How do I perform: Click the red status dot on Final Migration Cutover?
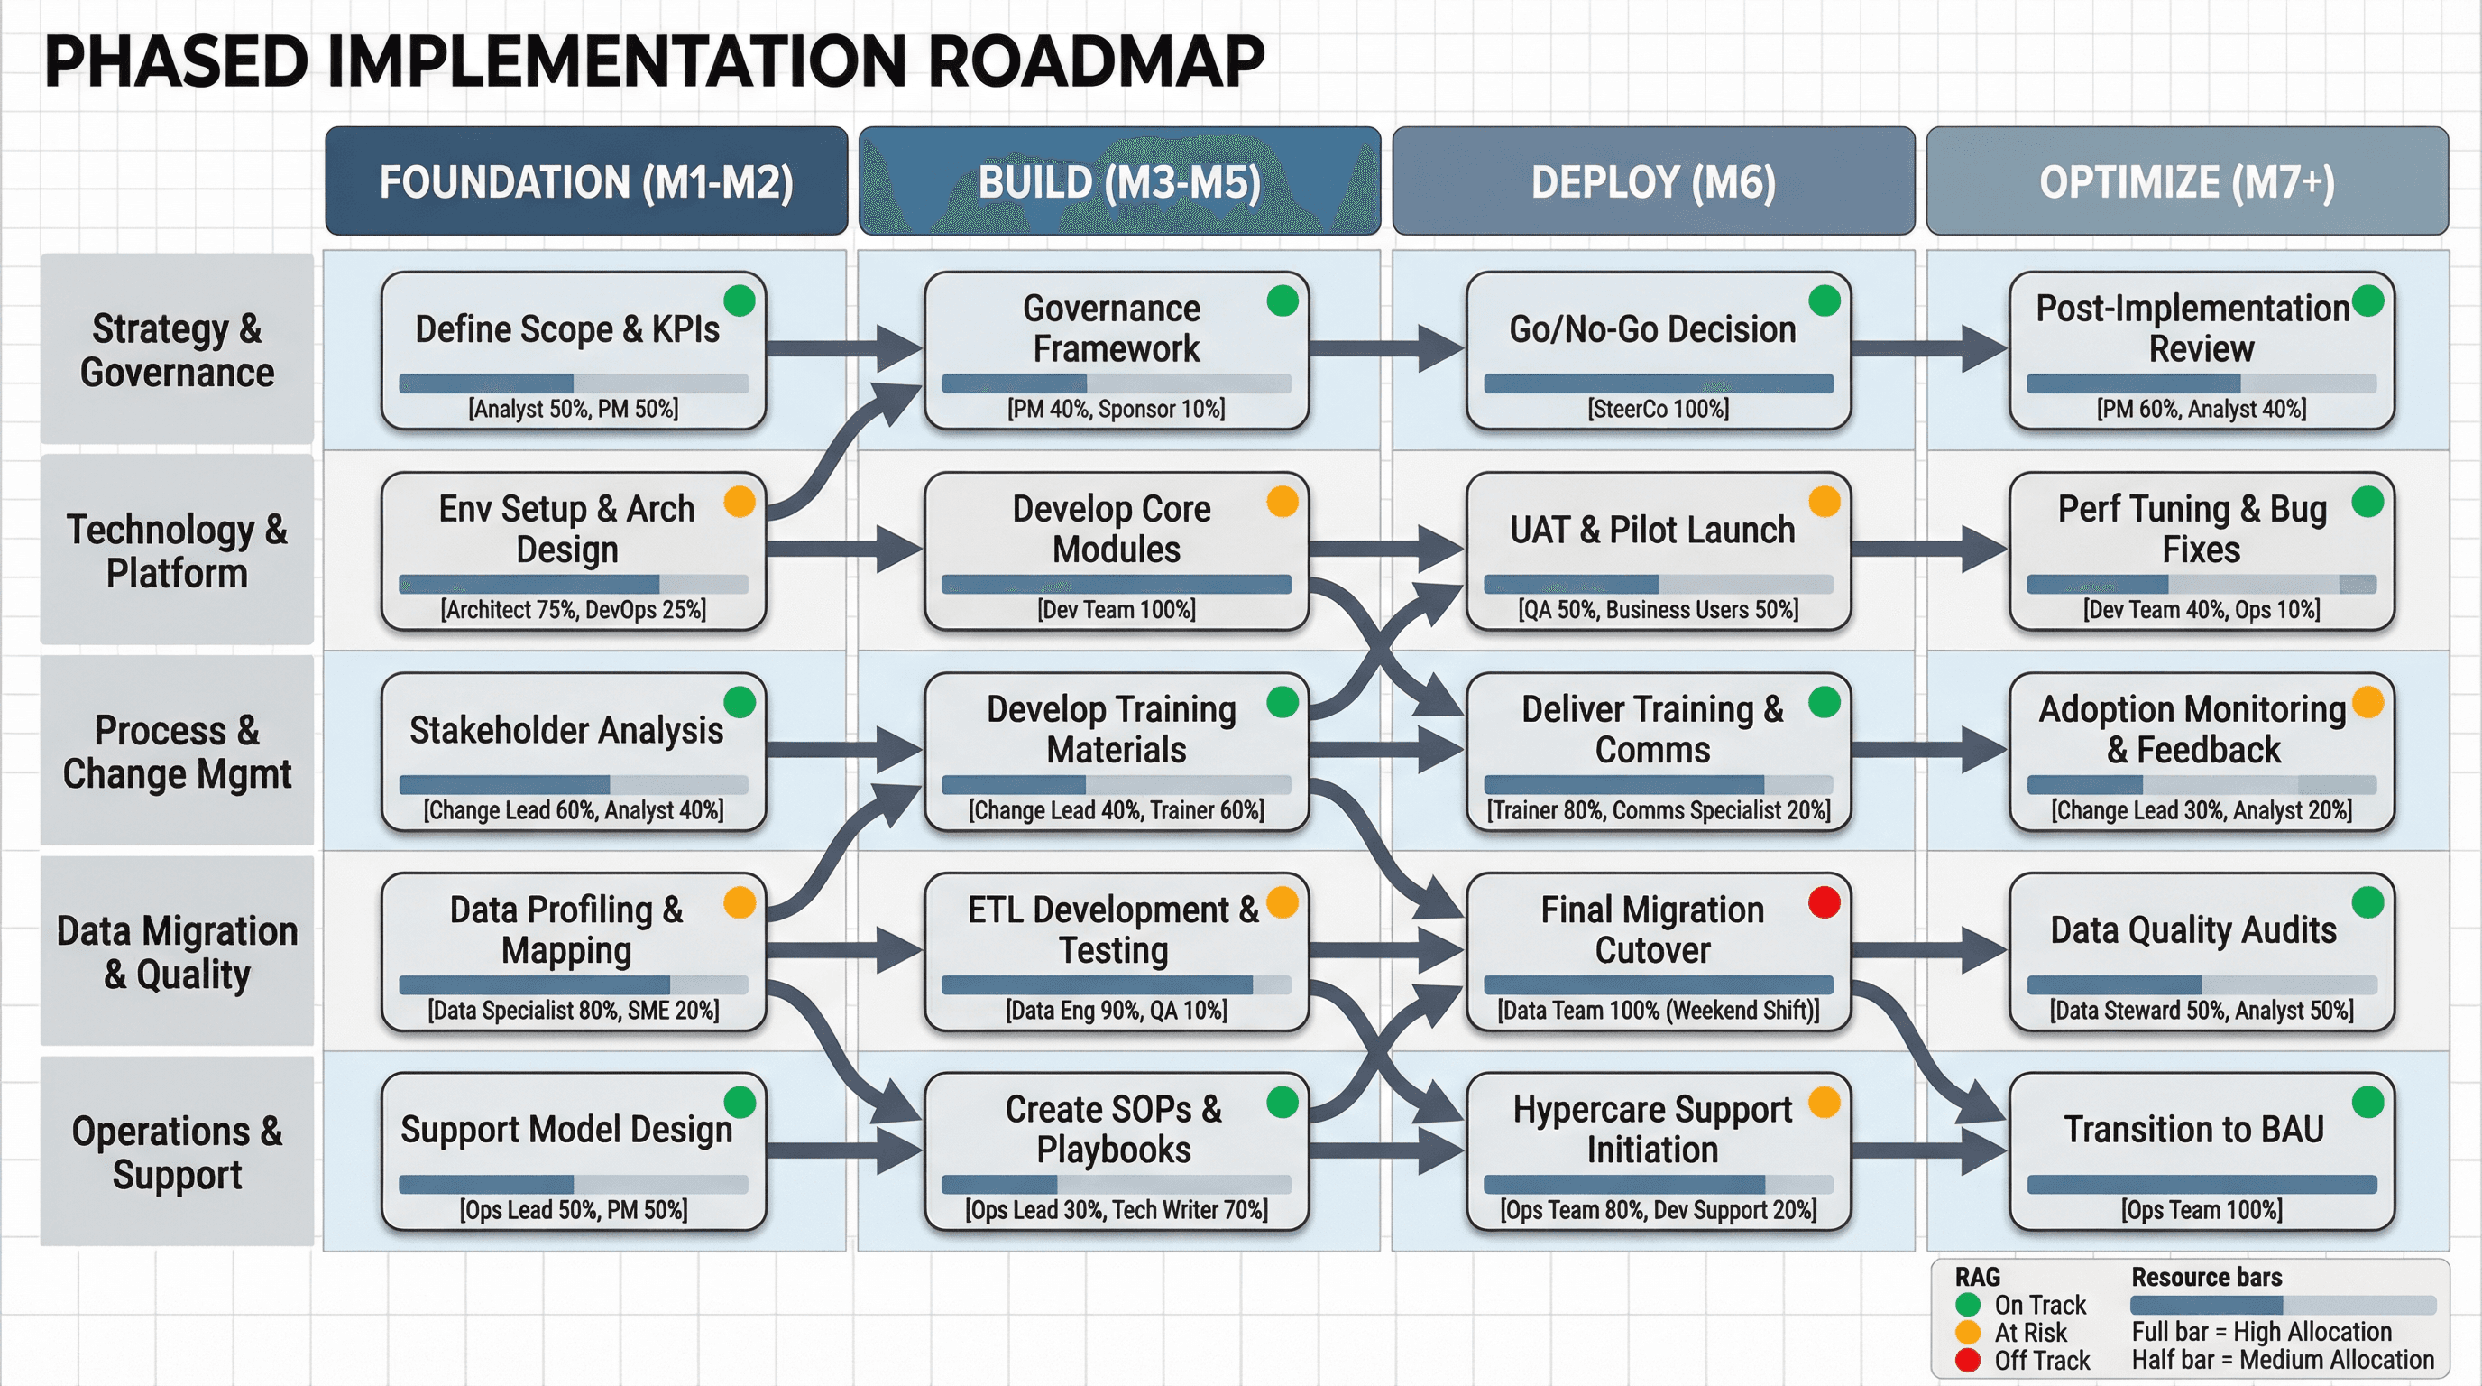(1824, 902)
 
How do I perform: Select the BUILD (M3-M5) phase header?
(1118, 181)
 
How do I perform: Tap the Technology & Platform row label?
(177, 550)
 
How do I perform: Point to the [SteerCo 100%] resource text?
(1658, 409)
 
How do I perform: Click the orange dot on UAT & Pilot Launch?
(1824, 501)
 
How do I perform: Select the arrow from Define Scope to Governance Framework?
(843, 348)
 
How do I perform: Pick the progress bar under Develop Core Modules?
(1116, 584)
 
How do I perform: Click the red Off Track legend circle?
(1968, 1360)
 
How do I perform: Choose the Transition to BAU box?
(2201, 1150)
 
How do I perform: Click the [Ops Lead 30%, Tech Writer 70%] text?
(1116, 1210)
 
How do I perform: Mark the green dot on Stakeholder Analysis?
(739, 702)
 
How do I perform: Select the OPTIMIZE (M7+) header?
(2186, 181)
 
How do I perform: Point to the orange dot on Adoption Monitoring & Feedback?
(2367, 702)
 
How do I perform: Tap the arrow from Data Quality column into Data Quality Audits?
(1927, 950)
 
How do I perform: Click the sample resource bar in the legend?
(2282, 1305)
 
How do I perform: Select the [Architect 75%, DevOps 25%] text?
(574, 609)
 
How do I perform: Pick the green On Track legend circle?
(1968, 1305)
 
